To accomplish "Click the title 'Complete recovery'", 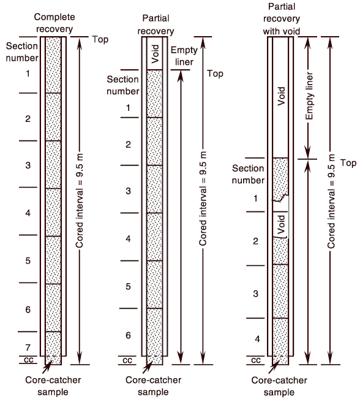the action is coord(54,23).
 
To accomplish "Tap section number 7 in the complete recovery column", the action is coord(28,347).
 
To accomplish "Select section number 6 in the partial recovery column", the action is coord(129,335).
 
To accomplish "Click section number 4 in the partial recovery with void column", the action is coord(257,339).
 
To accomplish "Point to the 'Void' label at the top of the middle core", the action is coord(156,54).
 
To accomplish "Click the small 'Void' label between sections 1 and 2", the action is coord(281,224).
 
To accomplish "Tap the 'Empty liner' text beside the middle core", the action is coord(184,56).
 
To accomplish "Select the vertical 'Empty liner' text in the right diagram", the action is coord(309,96).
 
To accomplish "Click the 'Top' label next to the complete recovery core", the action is coord(100,39).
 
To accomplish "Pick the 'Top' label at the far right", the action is coord(348,163).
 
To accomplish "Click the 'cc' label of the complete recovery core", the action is coord(28,360).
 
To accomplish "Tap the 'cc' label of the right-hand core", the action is coord(256,360).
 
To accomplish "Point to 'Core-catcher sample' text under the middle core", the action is coord(153,386).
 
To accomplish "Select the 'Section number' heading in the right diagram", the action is coord(248,174).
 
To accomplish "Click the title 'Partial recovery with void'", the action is coord(282,19).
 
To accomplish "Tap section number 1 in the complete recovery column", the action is coord(28,74).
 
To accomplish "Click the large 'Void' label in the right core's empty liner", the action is coord(281,96).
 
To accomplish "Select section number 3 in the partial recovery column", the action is coord(129,191).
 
